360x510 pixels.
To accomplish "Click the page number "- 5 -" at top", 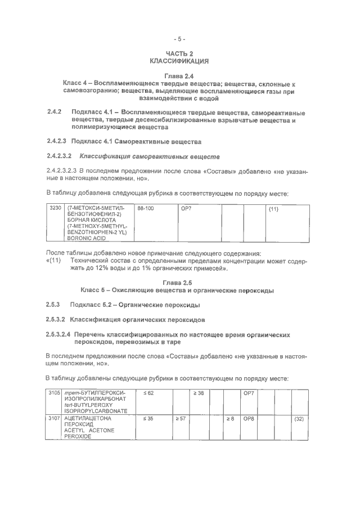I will (179, 39).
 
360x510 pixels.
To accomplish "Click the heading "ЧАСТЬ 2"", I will (179, 52).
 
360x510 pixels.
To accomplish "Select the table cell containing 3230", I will (55, 209).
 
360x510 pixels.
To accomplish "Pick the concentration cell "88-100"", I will (146, 209).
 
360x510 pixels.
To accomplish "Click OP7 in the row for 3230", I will (186, 209).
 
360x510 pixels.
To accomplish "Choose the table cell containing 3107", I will (54, 418).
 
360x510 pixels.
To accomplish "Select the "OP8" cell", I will (249, 418).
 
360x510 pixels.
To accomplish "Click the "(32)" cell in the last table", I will (299, 418).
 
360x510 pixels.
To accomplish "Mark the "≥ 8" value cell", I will (231, 418).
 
